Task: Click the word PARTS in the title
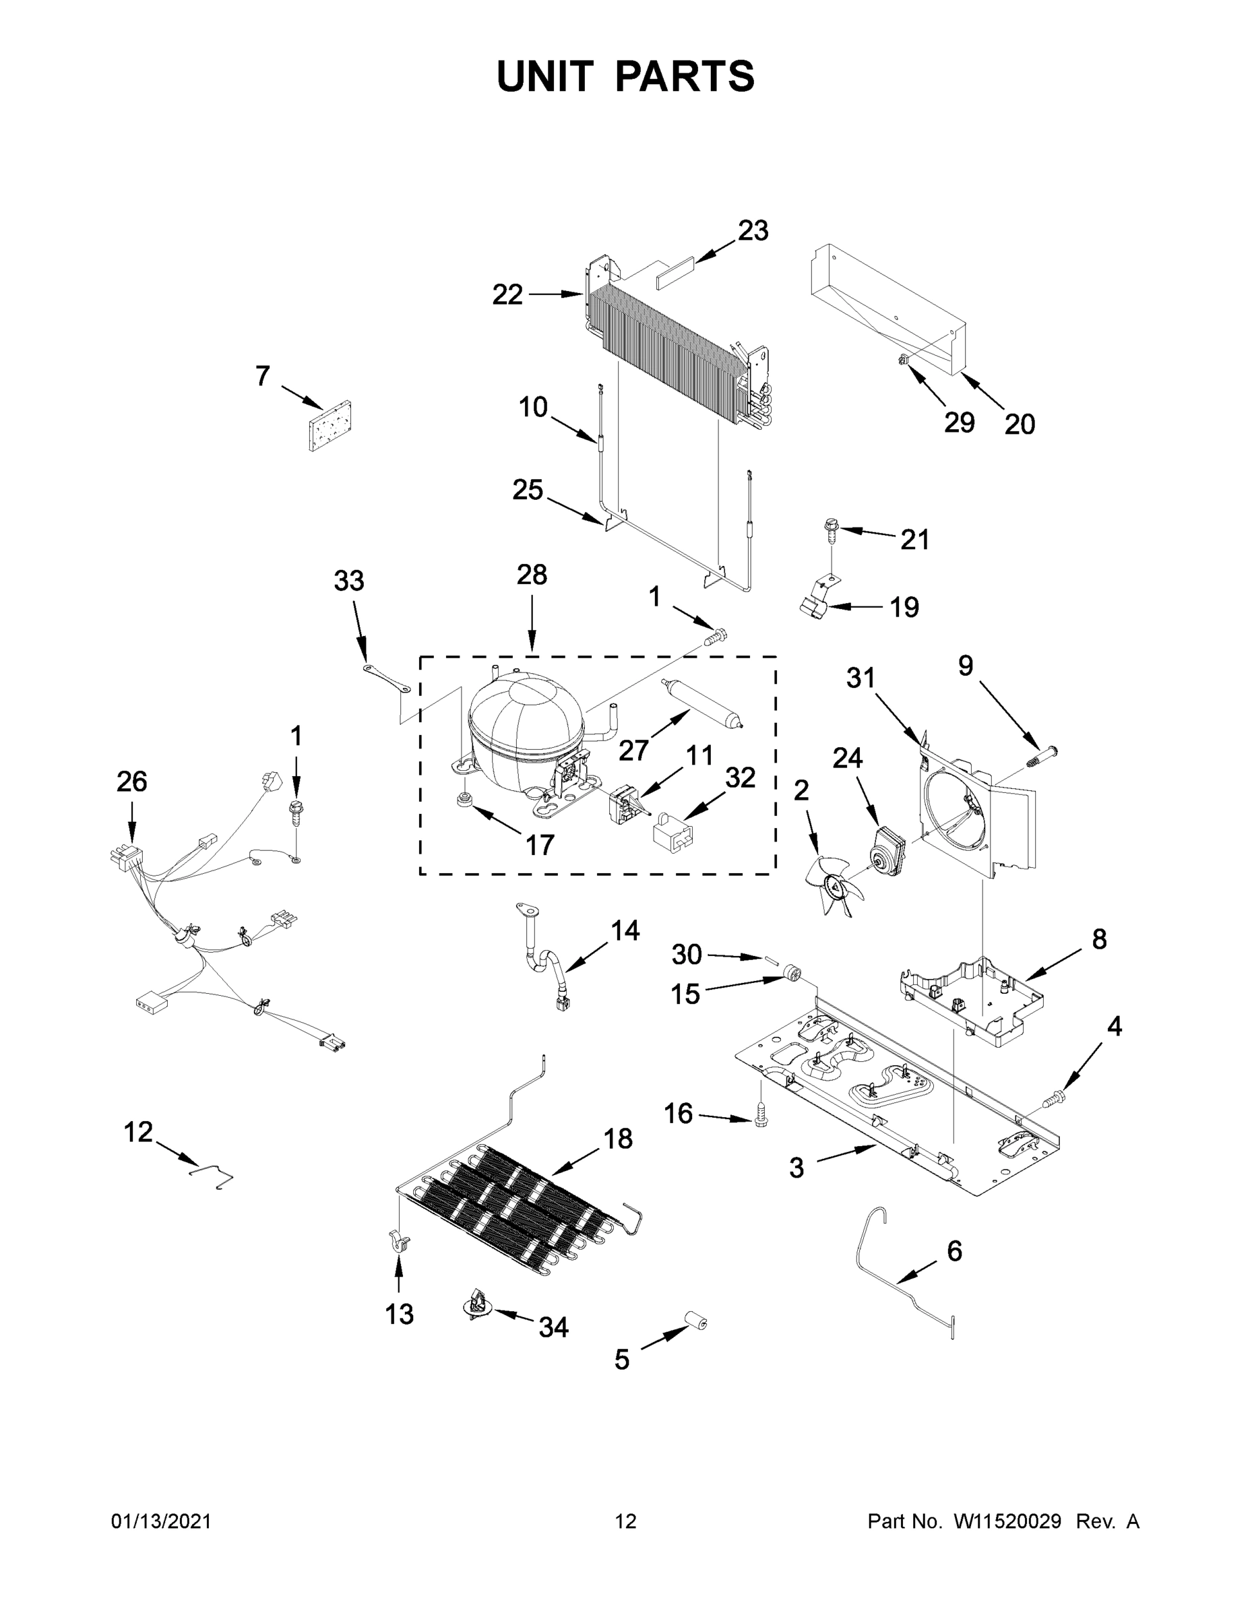click(x=685, y=76)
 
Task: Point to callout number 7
click(x=262, y=376)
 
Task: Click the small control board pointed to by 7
click(x=330, y=426)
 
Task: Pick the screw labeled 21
click(x=830, y=529)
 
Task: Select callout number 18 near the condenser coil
click(x=618, y=1139)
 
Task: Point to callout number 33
click(x=349, y=581)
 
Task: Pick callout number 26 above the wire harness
click(x=132, y=781)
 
